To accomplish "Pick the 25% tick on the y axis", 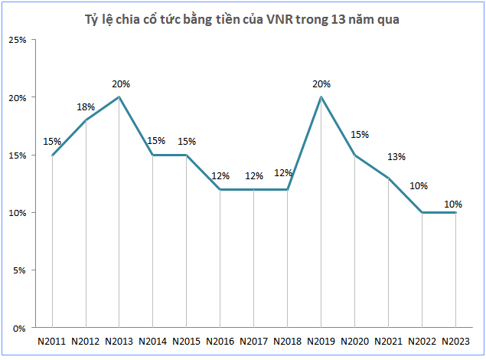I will click(x=18, y=40).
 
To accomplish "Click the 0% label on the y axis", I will click(x=21, y=328).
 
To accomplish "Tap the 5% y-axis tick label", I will click(x=21, y=270).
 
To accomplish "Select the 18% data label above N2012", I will click(x=86, y=107).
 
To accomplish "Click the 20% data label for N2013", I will click(x=119, y=84).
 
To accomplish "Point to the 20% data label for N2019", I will click(x=321, y=84).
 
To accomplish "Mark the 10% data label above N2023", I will click(x=455, y=204).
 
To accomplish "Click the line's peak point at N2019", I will click(x=321, y=97).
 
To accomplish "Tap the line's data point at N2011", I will click(x=52, y=155).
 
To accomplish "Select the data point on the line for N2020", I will click(x=355, y=155).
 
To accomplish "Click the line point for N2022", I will click(x=422, y=212).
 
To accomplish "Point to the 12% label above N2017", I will click(x=254, y=176).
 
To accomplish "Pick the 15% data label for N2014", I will click(x=153, y=141).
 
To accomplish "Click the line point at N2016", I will click(x=220, y=189).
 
